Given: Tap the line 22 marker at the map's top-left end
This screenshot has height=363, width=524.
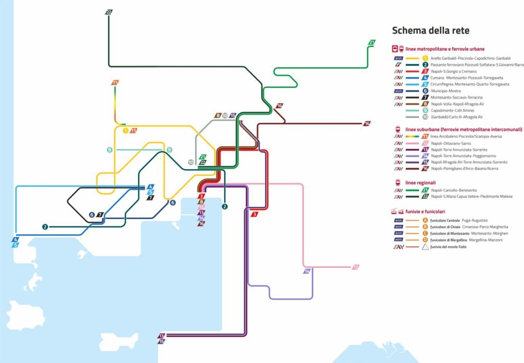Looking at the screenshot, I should tap(108, 12).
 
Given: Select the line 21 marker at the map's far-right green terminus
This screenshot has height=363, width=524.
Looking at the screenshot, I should tap(372, 42).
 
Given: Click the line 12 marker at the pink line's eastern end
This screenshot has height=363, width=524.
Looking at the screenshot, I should tap(356, 267).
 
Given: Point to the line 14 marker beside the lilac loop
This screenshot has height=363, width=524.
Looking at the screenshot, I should tap(307, 271).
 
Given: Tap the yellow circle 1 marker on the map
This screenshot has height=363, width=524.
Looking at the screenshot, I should tap(125, 131).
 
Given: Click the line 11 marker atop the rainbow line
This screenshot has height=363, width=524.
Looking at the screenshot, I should tap(115, 83).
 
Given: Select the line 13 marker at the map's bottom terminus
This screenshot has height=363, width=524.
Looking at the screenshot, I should tap(162, 335).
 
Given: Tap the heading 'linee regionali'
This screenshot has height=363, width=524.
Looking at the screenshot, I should tap(420, 183).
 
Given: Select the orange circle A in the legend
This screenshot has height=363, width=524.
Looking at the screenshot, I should tap(425, 220).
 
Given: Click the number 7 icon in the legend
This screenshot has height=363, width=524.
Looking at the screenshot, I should tap(425, 97).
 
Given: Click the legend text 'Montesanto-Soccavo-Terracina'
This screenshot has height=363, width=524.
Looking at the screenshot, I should tap(461, 97).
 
